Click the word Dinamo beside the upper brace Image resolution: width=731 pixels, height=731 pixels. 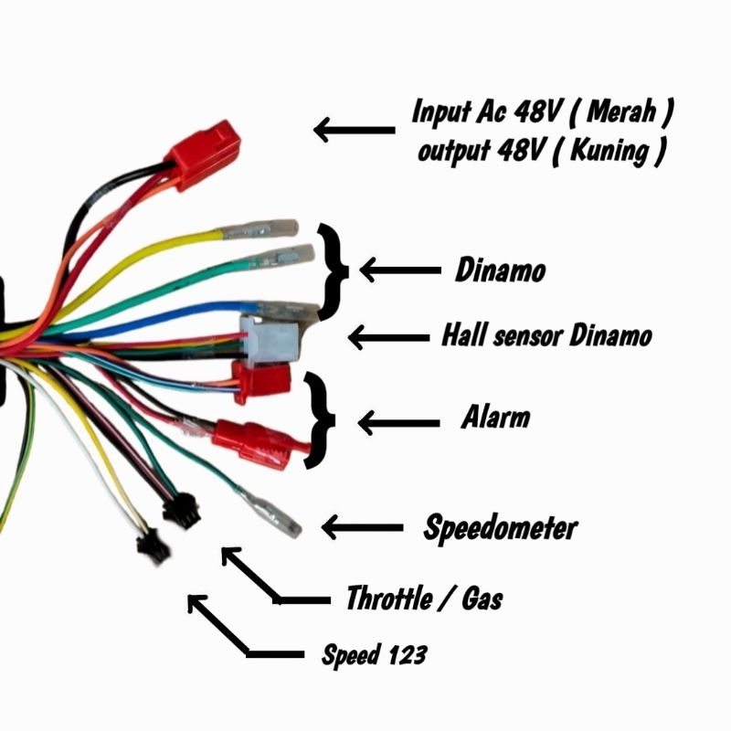501,271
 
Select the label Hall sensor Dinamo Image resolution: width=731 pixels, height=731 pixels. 546,335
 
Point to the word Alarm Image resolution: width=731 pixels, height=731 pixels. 495,419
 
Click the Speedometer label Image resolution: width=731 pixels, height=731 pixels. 500,528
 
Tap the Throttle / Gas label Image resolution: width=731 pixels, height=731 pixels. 424,599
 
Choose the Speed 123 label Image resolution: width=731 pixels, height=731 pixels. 374,654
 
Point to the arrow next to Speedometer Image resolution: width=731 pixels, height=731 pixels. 362,527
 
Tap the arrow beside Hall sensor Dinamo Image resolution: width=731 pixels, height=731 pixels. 388,337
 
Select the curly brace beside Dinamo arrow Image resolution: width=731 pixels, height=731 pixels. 334,270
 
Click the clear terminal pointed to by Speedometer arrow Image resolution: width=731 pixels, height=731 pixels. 273,514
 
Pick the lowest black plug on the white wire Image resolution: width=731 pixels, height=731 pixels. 147,547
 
